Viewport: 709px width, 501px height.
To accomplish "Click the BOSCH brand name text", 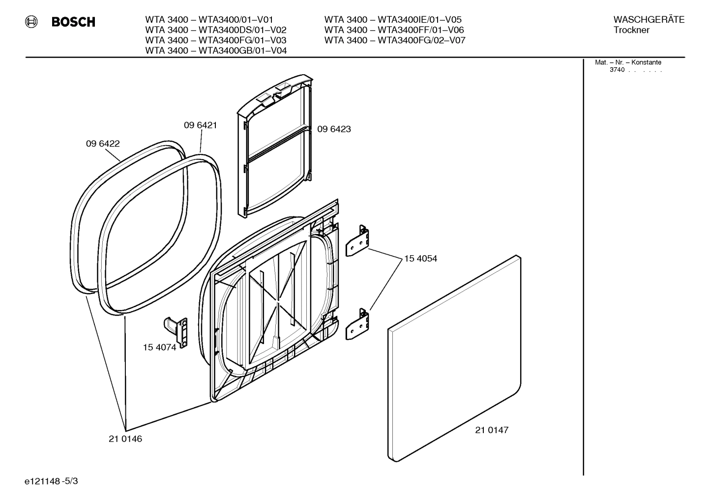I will (x=73, y=22).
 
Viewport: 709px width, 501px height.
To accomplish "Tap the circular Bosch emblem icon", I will (x=31, y=22).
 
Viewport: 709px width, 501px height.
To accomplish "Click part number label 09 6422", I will (x=102, y=144).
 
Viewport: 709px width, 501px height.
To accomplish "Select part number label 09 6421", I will (x=200, y=125).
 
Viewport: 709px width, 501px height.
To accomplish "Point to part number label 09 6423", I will (x=334, y=129).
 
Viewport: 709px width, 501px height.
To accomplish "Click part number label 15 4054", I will (x=420, y=259).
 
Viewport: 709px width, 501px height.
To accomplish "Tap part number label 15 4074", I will (x=159, y=348).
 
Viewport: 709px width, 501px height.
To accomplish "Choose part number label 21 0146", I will (x=125, y=439).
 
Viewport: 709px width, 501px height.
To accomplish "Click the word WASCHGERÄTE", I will (x=649, y=20).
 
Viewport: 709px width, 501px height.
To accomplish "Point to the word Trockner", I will (x=631, y=30).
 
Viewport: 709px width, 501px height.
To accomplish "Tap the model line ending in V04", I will (x=216, y=51).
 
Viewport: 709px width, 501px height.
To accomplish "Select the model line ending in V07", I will (x=394, y=40).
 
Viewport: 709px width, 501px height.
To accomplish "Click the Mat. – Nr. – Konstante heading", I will (x=628, y=62).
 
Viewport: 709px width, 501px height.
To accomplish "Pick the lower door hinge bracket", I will (x=357, y=324).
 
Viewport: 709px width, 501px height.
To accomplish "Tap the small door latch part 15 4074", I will (x=177, y=331).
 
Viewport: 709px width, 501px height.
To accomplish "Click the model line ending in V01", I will (x=209, y=20).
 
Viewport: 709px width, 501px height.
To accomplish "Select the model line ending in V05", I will (x=393, y=20).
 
